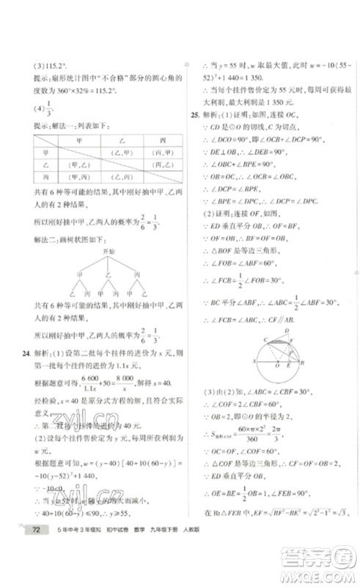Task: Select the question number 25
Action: pyautogui.click(x=194, y=114)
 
